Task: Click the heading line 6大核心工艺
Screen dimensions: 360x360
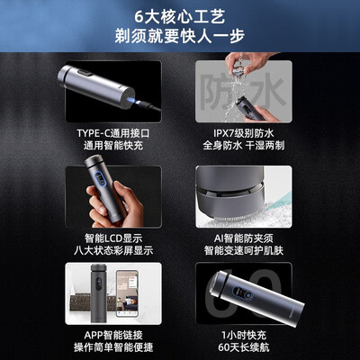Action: click(179, 17)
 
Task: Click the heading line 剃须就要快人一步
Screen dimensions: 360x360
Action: click(180, 36)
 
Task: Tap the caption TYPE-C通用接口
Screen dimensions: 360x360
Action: click(113, 133)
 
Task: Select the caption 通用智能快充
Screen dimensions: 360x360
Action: click(113, 146)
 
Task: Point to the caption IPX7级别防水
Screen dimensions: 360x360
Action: click(244, 133)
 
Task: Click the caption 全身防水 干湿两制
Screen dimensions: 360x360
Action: click(244, 146)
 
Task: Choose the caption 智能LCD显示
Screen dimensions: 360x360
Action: click(113, 238)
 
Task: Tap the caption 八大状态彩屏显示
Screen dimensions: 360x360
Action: click(113, 250)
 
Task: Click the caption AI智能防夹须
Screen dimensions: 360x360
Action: click(244, 238)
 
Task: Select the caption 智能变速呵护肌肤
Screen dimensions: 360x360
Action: click(244, 250)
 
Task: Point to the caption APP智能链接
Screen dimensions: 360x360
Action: click(113, 335)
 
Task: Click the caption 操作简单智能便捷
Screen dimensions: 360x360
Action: click(113, 347)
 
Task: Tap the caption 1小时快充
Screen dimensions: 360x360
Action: click(244, 335)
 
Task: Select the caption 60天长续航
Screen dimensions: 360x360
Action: click(244, 347)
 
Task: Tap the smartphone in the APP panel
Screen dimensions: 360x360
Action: click(127, 293)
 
